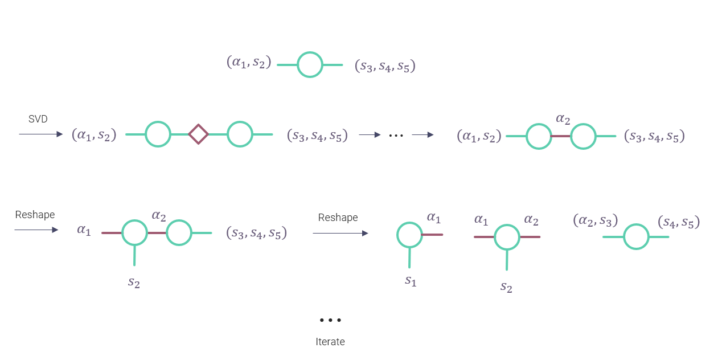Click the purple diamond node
coord(198,134)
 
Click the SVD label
coord(38,119)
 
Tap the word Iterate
coord(330,342)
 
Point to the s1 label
coord(411,280)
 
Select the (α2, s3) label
coord(596,220)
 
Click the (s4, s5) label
coord(679,222)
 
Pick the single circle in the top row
coord(310,65)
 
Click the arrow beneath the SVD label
coord(40,134)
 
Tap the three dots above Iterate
coord(330,320)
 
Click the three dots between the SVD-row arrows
coord(396,135)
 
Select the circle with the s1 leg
coord(409,235)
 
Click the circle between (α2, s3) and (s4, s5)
coord(636,236)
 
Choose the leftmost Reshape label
coord(35,215)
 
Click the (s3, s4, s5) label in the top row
coord(385,66)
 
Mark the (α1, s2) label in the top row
coord(249,62)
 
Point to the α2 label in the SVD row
coord(562,119)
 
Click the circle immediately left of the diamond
coord(158,134)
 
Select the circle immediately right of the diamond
coord(240,134)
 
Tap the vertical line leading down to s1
coord(409,257)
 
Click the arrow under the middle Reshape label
coord(340,233)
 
